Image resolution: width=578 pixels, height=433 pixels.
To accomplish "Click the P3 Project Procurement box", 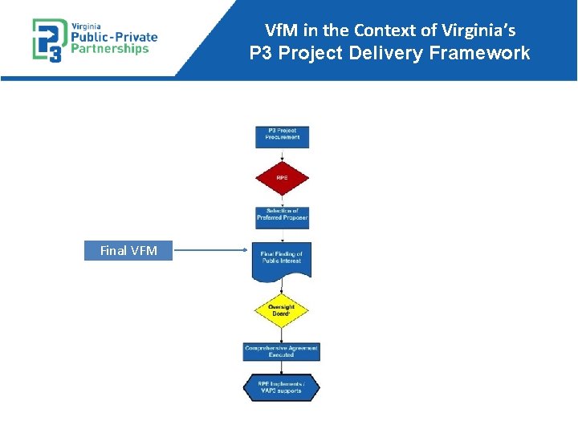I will click(282, 136).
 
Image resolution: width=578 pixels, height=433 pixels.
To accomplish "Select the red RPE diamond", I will click(282, 177).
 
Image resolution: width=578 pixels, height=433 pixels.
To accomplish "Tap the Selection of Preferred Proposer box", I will click(282, 215).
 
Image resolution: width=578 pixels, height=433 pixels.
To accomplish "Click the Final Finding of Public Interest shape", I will click(282, 258).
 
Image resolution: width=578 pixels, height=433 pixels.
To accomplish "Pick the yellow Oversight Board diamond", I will click(282, 309).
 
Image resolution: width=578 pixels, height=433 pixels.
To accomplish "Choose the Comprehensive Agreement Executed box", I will click(282, 351).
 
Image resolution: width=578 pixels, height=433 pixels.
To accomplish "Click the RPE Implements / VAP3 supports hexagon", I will click(282, 387).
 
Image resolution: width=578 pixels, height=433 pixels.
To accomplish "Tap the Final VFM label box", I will click(128, 251).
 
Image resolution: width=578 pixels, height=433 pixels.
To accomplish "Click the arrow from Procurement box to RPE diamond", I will click(282, 155).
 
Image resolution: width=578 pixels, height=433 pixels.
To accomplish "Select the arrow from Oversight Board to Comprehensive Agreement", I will click(282, 335).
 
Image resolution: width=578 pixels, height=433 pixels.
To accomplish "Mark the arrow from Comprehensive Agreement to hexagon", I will click(282, 368).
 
